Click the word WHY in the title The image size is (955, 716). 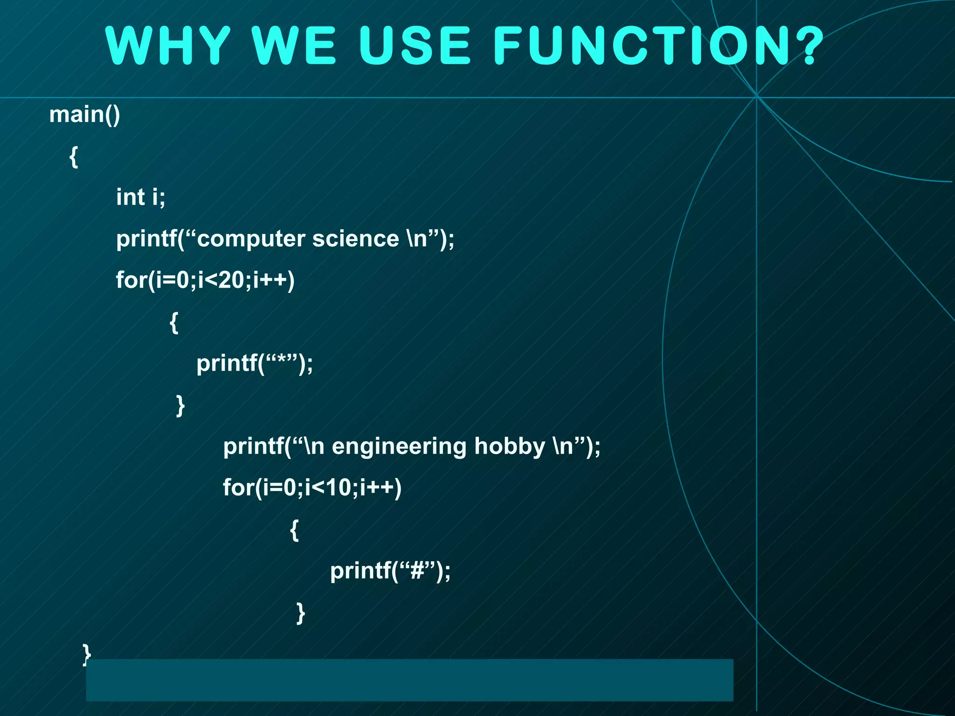coord(168,45)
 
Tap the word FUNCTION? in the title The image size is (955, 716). coord(657,45)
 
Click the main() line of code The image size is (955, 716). coord(84,115)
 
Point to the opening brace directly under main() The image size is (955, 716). coord(74,157)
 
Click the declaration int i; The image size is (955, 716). coord(140,197)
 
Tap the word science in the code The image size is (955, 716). coord(355,239)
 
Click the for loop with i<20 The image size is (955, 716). coord(205,280)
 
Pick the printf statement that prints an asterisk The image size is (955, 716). coord(255,363)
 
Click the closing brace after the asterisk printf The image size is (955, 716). coord(180,405)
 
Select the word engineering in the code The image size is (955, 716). coord(399,446)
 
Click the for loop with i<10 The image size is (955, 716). coord(312,488)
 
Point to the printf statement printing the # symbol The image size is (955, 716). coord(390,571)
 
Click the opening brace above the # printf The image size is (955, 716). coord(294,530)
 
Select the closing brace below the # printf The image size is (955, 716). coord(301,613)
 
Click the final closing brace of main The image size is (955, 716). coord(86,653)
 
